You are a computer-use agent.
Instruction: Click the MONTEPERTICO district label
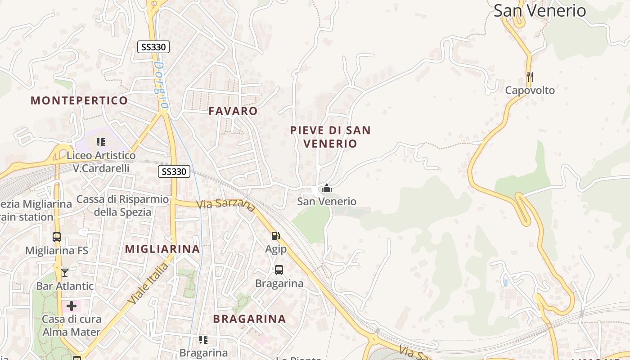79,100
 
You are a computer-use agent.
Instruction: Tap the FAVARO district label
233,111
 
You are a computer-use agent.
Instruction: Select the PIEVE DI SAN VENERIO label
330,137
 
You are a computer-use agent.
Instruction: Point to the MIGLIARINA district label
162,249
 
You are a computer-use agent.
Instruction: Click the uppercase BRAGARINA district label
249,319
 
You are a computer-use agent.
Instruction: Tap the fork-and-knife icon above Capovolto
530,77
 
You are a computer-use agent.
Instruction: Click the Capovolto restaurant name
530,90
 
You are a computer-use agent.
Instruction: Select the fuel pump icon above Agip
275,235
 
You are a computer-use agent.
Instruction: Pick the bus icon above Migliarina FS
57,237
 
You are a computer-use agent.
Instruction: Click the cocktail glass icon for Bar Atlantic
65,272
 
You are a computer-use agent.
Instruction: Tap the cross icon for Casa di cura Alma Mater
72,306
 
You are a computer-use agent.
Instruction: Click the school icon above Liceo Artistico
101,142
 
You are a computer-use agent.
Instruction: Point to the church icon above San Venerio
327,188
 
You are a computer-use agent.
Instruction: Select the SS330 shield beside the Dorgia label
153,47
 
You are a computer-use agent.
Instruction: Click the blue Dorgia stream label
160,85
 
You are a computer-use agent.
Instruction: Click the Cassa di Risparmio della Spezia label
122,205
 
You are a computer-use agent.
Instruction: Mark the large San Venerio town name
540,10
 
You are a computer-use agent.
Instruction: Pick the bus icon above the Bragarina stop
279,270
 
